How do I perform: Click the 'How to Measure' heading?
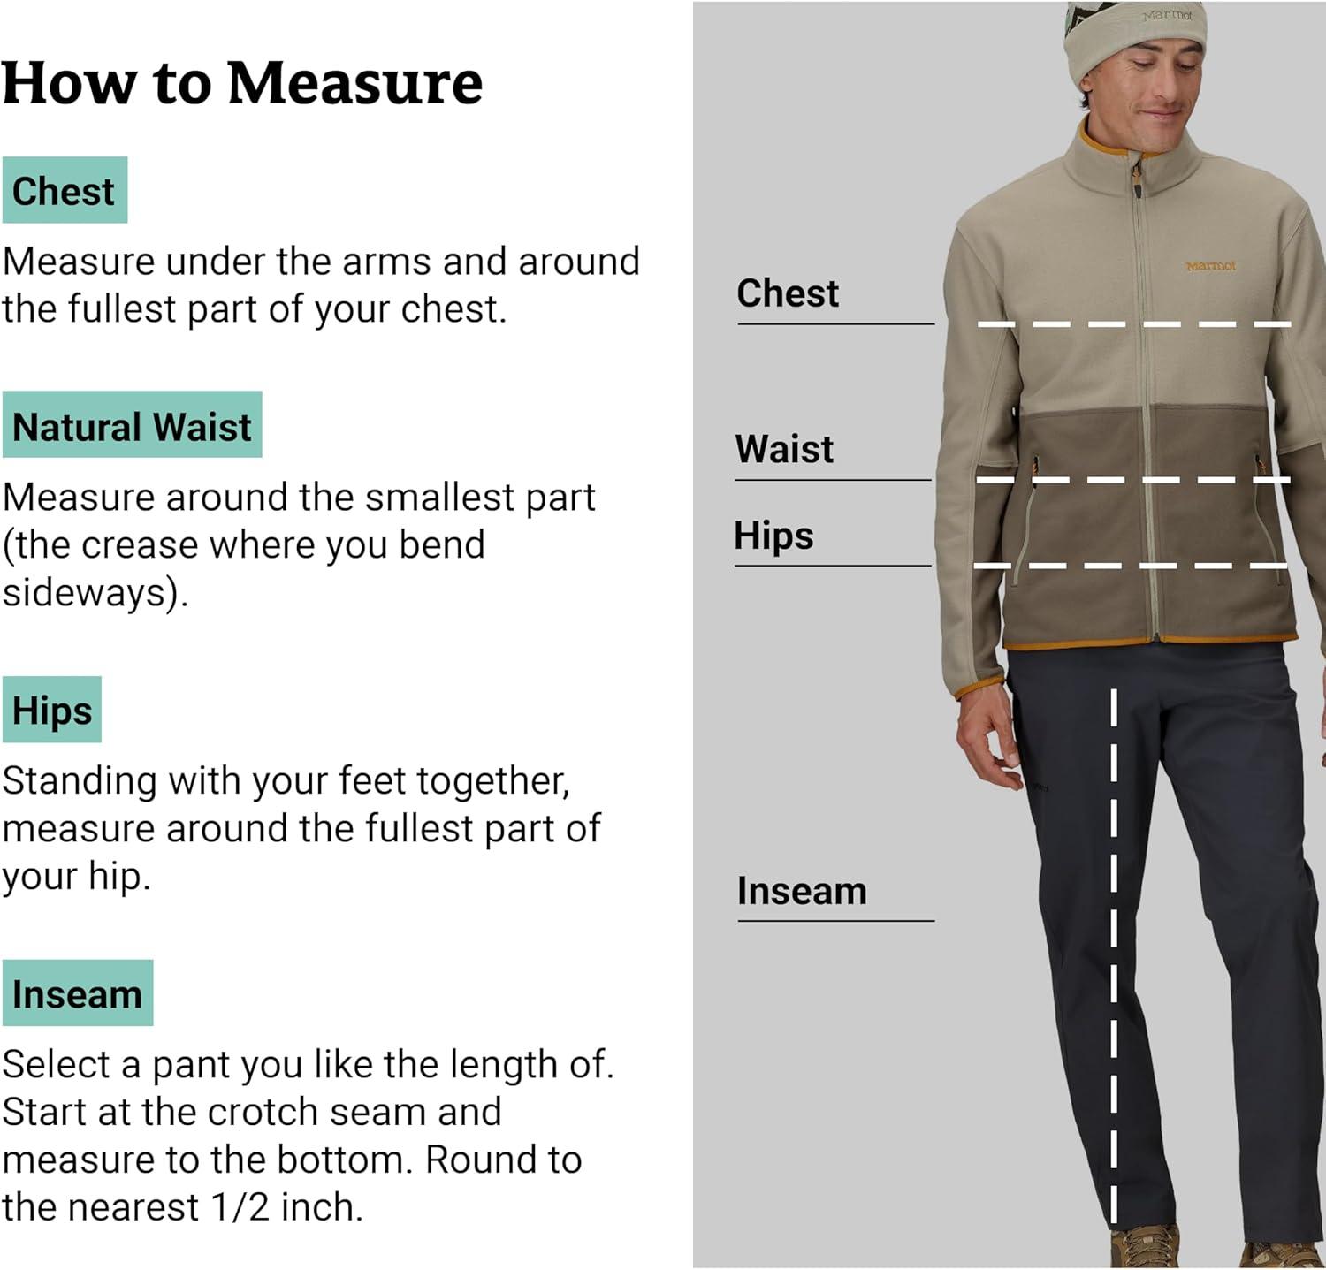[x=242, y=83]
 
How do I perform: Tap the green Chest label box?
[x=65, y=190]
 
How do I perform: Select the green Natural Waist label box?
[x=132, y=424]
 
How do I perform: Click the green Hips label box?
[x=52, y=710]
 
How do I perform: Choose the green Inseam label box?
[x=78, y=992]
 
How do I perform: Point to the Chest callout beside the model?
[x=788, y=293]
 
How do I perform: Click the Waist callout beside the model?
[x=784, y=449]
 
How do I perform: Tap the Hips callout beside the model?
[x=773, y=536]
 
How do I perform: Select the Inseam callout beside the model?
[x=802, y=891]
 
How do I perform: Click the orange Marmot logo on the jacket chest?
[x=1210, y=265]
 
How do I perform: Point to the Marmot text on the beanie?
[x=1167, y=15]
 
